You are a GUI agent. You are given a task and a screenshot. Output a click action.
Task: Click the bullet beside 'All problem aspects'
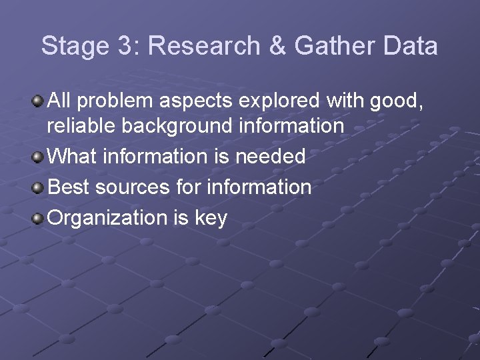(39, 101)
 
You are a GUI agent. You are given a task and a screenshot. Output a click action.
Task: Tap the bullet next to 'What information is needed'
(39, 157)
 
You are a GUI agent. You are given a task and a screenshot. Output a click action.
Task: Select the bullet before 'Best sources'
(39, 187)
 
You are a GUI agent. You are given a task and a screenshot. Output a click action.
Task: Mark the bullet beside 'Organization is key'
(39, 217)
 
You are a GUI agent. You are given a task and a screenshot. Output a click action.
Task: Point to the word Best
(69, 187)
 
